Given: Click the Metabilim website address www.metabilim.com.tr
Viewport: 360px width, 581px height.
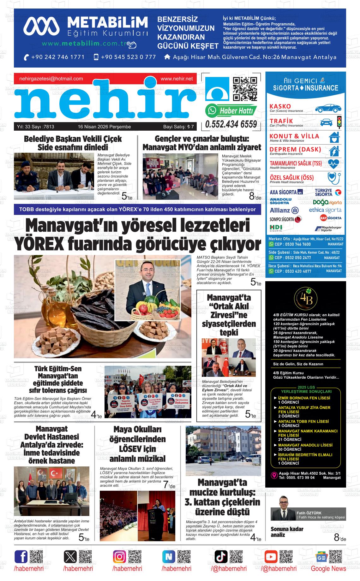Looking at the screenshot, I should (x=84, y=43).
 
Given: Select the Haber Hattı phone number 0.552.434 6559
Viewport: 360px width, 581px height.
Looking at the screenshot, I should (x=231, y=124).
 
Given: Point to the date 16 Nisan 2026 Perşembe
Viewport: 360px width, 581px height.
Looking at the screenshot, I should (x=104, y=127).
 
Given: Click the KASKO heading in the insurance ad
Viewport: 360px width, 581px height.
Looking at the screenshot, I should (x=280, y=106).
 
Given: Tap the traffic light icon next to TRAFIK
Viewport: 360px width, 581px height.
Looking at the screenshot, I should (x=339, y=122).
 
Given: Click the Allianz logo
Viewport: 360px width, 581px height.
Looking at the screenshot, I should (x=284, y=210).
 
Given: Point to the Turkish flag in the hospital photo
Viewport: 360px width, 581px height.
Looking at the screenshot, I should (x=57, y=473).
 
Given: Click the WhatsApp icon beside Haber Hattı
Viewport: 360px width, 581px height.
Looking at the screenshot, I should (x=211, y=111).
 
